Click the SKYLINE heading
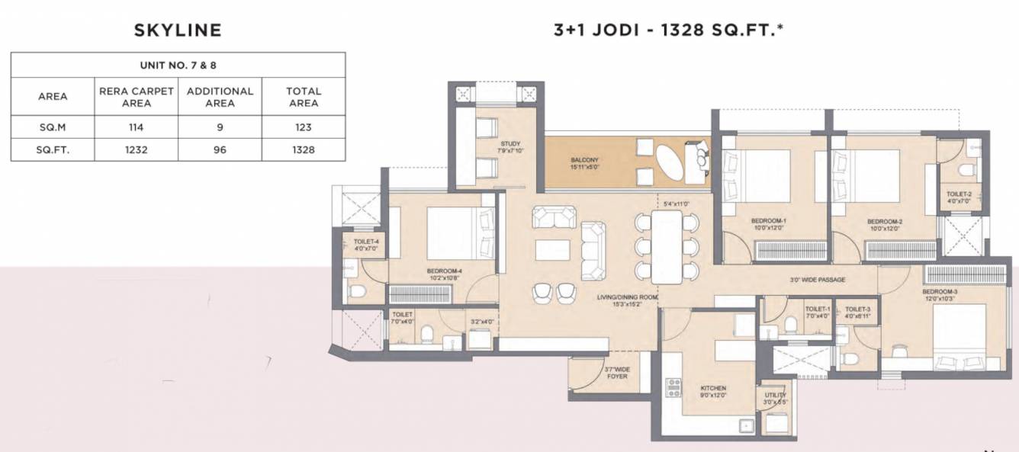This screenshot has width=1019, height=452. (x=177, y=30)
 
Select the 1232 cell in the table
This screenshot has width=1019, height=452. (x=136, y=149)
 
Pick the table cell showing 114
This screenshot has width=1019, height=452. (x=136, y=127)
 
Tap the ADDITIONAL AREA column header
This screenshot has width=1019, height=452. (x=220, y=96)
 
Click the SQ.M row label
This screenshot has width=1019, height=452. (x=53, y=127)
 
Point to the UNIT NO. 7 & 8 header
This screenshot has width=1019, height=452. (x=178, y=65)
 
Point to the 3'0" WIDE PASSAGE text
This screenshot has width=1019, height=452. (x=817, y=280)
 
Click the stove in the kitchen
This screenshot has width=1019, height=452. (x=674, y=388)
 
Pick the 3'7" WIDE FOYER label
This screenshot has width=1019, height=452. (x=616, y=372)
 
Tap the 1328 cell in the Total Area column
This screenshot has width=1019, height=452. (x=303, y=149)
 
